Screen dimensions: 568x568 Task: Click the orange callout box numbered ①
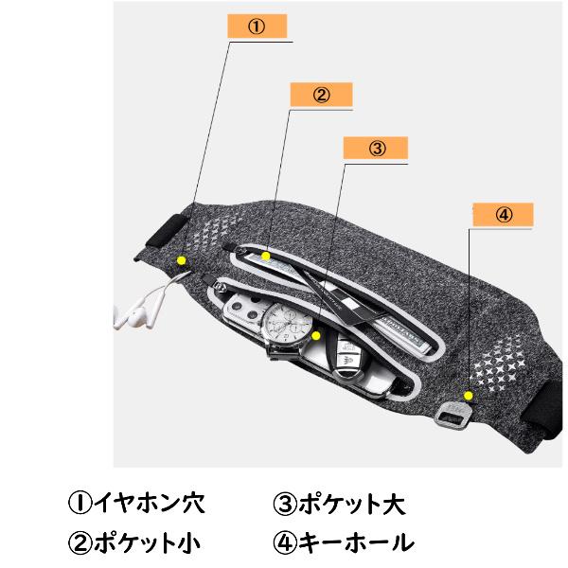(x=256, y=27)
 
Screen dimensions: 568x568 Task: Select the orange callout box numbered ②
(x=321, y=95)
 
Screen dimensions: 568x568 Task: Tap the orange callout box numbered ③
(x=376, y=149)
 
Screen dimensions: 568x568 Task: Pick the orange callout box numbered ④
(x=503, y=215)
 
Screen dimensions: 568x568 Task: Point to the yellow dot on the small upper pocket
(x=267, y=255)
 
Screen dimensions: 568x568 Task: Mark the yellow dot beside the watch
(x=316, y=334)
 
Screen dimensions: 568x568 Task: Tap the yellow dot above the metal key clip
(x=469, y=395)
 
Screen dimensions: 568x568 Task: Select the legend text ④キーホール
(x=343, y=542)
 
